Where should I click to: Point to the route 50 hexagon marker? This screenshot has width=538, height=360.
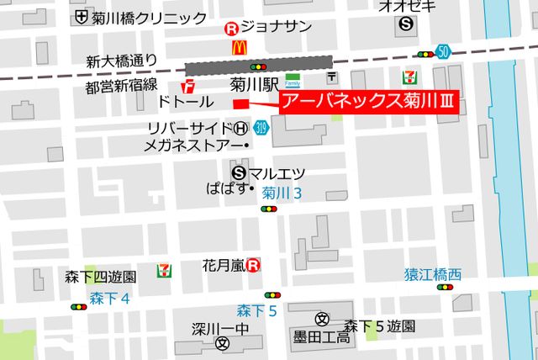(443, 52)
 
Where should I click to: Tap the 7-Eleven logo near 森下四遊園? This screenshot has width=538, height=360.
(163, 272)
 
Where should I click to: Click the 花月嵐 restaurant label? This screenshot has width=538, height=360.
(224, 265)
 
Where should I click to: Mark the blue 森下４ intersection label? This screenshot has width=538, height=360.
(111, 298)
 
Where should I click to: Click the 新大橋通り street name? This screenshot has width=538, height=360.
(122, 61)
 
